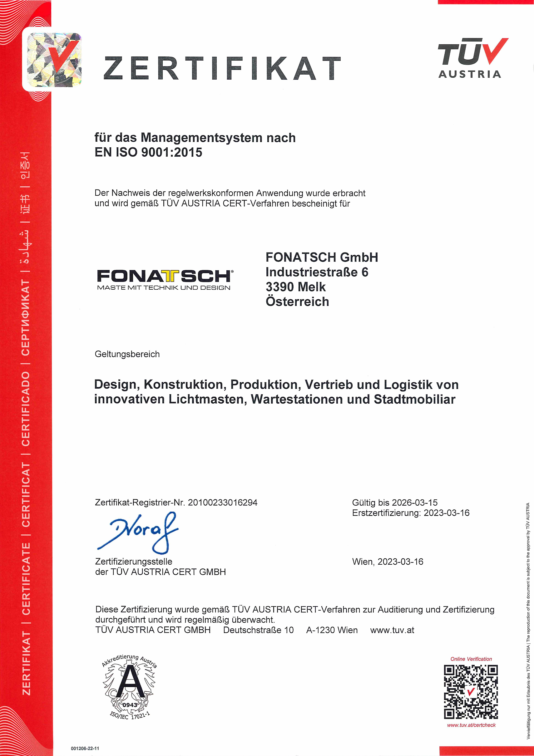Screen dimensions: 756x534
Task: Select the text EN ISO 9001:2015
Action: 148,152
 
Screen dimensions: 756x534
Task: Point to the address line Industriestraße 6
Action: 317,272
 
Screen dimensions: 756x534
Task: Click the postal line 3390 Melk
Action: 295,287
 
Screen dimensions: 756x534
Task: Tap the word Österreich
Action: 297,302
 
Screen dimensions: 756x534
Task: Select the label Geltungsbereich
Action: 127,354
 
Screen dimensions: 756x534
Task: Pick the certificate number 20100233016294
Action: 222,503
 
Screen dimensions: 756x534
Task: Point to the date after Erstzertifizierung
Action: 446,513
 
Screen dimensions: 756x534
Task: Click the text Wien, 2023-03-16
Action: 388,562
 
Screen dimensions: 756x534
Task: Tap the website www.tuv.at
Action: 392,630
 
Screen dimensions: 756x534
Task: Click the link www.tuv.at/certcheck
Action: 471,725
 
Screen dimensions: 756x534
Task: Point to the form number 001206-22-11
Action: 85,748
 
